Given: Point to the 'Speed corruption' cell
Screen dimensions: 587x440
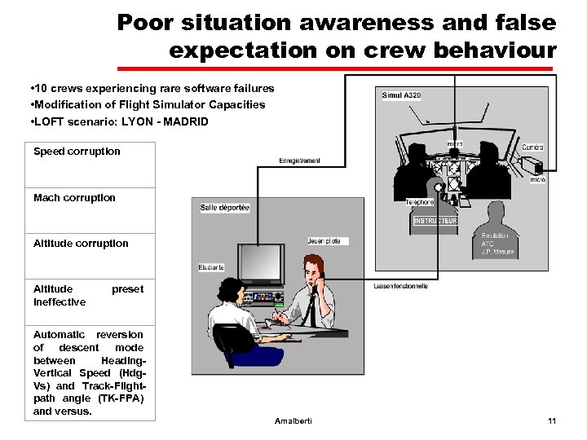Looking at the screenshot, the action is coord(77,152).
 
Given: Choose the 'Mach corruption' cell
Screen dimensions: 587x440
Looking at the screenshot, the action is coord(74,198).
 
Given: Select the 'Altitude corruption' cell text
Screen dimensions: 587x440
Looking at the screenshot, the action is coord(81,244).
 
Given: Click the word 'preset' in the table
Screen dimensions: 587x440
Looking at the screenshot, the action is coord(127,289).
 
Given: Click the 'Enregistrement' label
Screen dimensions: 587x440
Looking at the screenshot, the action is coord(299,161).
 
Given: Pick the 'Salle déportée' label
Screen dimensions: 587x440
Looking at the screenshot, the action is coord(225,208).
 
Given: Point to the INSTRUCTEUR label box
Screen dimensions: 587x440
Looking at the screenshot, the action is coord(435,221).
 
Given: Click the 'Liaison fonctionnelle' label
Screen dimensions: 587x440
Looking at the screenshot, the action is coord(400,286).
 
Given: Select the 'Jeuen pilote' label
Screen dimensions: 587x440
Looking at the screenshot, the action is coord(329,240).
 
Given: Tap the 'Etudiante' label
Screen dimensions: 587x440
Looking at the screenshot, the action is coord(211,267).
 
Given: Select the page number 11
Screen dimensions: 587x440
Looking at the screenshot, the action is coord(552,420).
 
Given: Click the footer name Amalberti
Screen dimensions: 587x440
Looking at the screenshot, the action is coord(294,420).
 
